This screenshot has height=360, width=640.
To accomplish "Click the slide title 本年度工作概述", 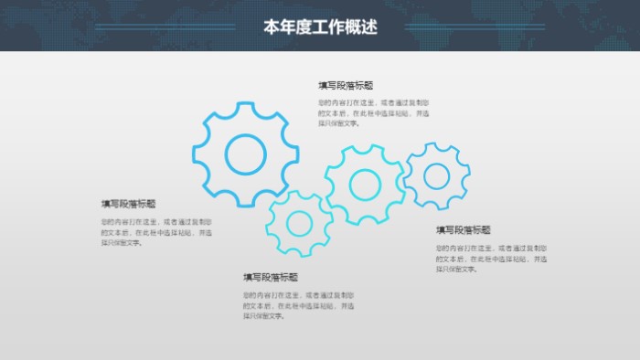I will [x=320, y=27].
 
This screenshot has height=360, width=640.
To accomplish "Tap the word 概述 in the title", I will [x=361, y=27].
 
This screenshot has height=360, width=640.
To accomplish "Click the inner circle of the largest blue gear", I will [x=245, y=154].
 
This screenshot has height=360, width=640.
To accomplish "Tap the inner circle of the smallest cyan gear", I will [x=299, y=223].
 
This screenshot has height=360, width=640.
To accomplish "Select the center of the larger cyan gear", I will [x=365, y=185].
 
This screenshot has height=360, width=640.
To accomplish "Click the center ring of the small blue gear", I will [x=436, y=176].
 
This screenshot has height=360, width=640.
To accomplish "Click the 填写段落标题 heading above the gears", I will [x=346, y=85].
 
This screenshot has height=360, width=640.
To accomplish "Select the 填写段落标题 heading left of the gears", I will [x=129, y=204].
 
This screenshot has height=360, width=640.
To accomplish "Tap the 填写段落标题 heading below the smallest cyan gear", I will [x=271, y=277].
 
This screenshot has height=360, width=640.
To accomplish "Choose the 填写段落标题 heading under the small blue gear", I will [x=463, y=230].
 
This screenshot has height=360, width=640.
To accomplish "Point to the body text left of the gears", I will [x=155, y=232].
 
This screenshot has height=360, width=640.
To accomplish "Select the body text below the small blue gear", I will [x=490, y=259].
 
